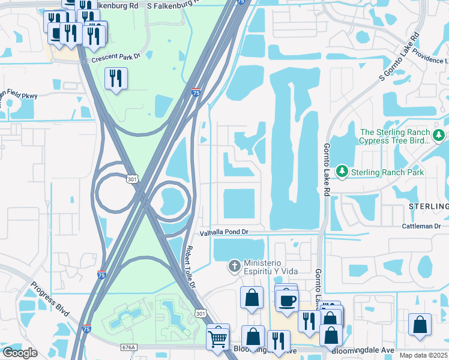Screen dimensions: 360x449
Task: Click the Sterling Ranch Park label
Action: (388, 172)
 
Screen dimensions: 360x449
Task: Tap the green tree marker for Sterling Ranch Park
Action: (342, 172)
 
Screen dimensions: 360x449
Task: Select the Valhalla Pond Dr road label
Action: (224, 232)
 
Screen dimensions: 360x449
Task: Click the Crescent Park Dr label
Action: (115, 58)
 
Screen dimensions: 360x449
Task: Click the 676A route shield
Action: (128, 347)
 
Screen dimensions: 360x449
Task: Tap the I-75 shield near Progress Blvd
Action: (86, 329)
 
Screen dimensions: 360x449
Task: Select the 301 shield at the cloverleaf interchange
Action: (133, 179)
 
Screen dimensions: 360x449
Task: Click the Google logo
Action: (20, 352)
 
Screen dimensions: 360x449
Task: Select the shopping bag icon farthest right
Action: (420, 324)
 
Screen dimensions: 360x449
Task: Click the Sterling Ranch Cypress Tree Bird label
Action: (394, 136)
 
